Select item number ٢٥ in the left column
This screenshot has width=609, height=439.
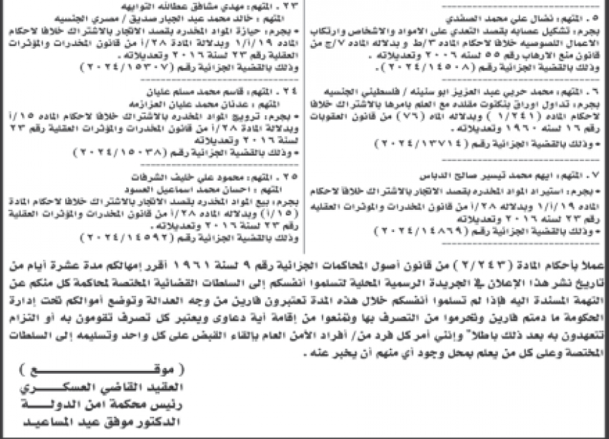coord(289,173)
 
